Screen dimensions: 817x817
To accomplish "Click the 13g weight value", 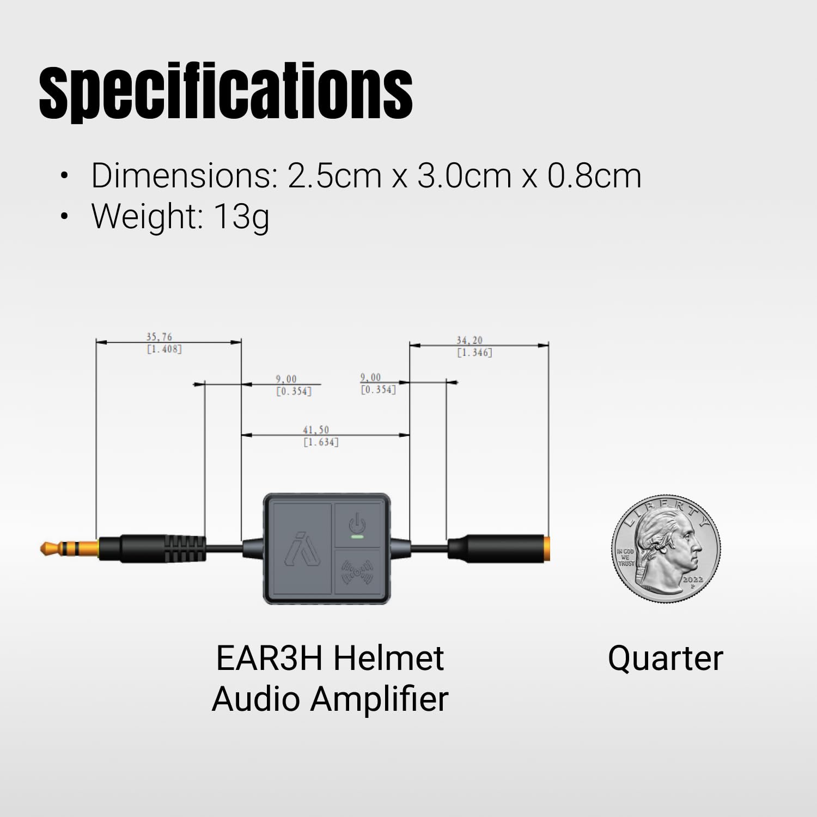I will [x=241, y=217].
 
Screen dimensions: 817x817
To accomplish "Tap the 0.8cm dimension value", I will [x=594, y=176].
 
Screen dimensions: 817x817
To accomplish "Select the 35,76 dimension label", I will [x=159, y=337].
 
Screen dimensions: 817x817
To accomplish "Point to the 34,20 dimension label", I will [x=469, y=340].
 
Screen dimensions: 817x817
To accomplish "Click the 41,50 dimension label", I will [x=316, y=430].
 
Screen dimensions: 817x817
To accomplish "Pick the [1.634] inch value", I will [x=321, y=442].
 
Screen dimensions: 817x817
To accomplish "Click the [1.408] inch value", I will [x=164, y=349].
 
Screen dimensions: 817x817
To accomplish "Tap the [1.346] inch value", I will [x=474, y=353].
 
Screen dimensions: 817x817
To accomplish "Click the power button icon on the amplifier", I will [x=357, y=523].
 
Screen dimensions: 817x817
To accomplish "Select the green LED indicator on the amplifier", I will [x=357, y=537].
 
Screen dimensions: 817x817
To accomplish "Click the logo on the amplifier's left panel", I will [x=302, y=548].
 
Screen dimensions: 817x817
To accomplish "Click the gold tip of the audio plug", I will [x=52, y=548].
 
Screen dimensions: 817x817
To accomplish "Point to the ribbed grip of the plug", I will [x=185, y=548].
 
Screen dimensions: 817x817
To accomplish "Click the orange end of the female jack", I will [x=546, y=548].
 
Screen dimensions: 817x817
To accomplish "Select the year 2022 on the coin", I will [x=692, y=580].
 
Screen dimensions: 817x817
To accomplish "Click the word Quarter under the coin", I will [x=665, y=659].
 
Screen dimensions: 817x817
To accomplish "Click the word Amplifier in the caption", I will [x=379, y=699].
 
